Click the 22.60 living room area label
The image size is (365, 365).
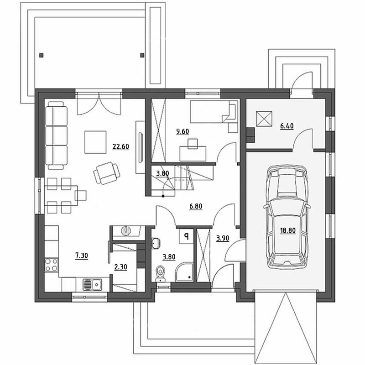(x=120, y=146)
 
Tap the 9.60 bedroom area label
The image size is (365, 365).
(x=182, y=131)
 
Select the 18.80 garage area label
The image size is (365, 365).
(x=288, y=230)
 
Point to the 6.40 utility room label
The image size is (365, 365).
(x=287, y=126)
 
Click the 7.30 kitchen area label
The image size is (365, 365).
(x=82, y=255)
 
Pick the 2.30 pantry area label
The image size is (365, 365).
(x=120, y=267)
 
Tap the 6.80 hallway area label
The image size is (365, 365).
(x=196, y=206)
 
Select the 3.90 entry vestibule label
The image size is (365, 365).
(x=223, y=238)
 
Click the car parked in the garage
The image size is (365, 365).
(x=287, y=217)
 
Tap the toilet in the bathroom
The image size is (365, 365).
(x=160, y=273)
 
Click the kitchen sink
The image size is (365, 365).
(x=93, y=284)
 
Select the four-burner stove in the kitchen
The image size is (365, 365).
(x=52, y=265)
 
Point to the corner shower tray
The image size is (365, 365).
(x=184, y=272)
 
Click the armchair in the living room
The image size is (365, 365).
(x=107, y=173)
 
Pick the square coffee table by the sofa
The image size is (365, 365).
(x=95, y=142)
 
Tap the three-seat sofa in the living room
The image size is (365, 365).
(x=56, y=136)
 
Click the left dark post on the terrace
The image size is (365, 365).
(x=42, y=55)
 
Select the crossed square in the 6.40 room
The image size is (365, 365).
(x=264, y=119)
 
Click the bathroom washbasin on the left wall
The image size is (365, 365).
(x=156, y=244)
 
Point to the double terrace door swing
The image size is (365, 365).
(x=99, y=104)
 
